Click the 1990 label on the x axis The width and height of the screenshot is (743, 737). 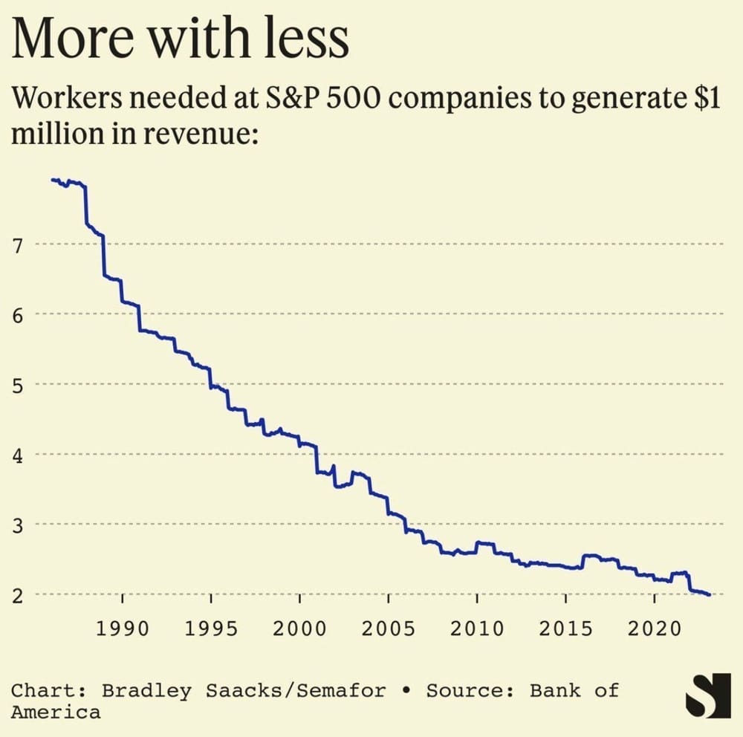coord(122,629)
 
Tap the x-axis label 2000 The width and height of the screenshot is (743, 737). coord(299,629)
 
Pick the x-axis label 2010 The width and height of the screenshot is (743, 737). coord(477,629)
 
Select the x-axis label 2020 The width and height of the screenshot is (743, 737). coord(654,629)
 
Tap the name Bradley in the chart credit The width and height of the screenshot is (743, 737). coord(146,690)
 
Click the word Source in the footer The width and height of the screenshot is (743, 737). coord(470,690)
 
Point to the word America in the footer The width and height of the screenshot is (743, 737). coord(56,712)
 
